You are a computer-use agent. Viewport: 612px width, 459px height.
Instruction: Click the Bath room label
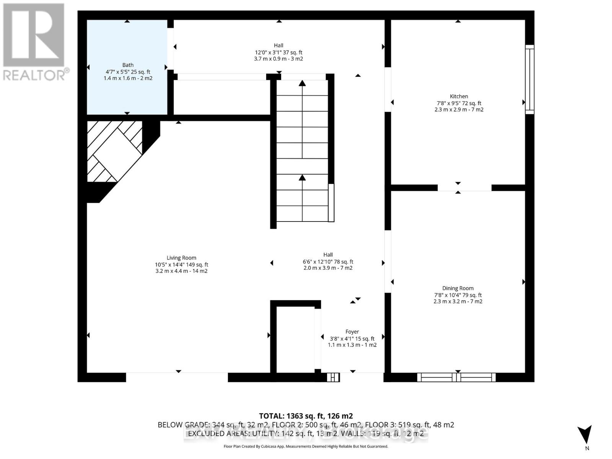[x=128, y=65]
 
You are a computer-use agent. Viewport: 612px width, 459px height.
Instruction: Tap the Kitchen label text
[x=459, y=96]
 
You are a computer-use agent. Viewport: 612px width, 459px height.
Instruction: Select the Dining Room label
[x=458, y=288]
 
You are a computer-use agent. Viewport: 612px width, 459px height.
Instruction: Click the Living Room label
[x=181, y=258]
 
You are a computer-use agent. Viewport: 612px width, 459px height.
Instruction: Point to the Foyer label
[x=352, y=332]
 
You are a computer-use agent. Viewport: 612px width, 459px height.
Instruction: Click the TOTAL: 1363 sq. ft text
[x=306, y=416]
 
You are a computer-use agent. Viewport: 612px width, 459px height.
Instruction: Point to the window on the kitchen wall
[x=529, y=79]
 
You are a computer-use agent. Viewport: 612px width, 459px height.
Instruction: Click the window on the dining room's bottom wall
[x=456, y=377]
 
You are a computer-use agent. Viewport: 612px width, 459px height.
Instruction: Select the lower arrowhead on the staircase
[x=302, y=177]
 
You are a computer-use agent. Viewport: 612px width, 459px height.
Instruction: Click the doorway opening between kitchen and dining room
[x=464, y=187]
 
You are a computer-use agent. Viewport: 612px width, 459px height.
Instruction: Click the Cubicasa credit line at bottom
[x=306, y=446]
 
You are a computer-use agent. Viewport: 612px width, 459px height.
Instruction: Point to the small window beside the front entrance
[x=333, y=377]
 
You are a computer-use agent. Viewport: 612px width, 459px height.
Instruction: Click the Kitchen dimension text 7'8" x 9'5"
[x=459, y=103]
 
